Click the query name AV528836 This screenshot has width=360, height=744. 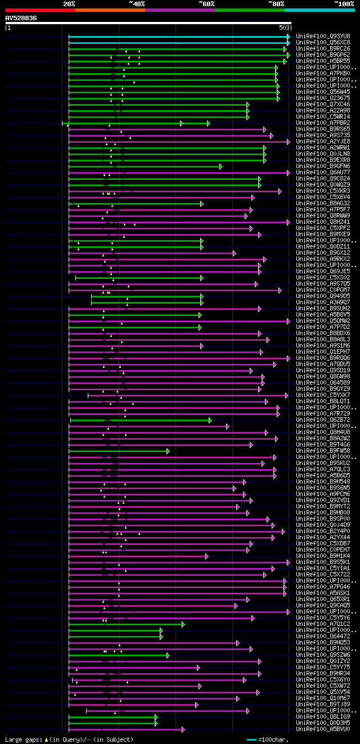(21, 18)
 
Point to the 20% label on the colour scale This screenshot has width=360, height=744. (69, 3)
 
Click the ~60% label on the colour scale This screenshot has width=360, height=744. (206, 3)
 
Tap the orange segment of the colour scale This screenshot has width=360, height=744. (110, 10)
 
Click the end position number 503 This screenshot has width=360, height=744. (284, 27)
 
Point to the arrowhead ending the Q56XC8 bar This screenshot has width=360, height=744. (289, 42)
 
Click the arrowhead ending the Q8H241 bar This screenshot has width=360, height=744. (289, 222)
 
